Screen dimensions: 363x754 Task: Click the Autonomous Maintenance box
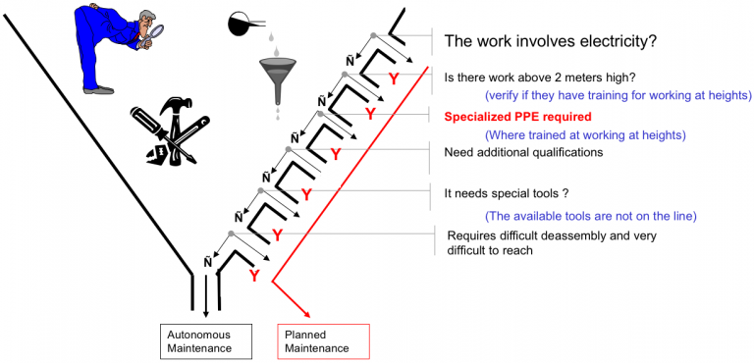coord(202,340)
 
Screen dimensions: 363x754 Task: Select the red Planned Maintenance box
coord(323,340)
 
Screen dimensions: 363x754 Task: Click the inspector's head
coord(128,23)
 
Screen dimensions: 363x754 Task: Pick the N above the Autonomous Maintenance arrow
coord(208,262)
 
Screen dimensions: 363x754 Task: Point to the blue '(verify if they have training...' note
coord(618,95)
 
